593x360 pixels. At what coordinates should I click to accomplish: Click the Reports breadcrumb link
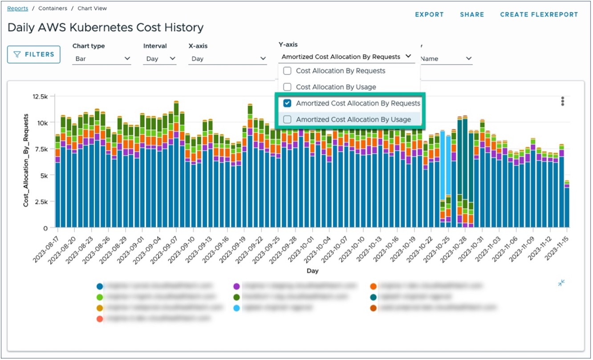point(17,8)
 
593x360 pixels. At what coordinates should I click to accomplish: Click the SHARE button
point(472,15)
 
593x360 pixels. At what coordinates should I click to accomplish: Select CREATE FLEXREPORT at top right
point(539,15)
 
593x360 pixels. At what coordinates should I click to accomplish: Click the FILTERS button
point(34,54)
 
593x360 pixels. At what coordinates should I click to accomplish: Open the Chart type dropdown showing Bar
point(102,59)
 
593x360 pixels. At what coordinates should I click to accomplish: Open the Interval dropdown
point(159,59)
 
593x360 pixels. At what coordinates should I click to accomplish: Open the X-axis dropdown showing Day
point(227,59)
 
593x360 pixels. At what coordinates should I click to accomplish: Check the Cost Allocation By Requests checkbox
point(288,71)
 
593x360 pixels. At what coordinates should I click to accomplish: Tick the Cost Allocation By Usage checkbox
point(288,87)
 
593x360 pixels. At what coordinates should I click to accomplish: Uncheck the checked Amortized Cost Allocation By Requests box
point(288,103)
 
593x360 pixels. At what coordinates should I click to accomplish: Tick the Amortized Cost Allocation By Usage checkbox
point(288,119)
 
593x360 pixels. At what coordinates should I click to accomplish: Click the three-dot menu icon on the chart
point(563,101)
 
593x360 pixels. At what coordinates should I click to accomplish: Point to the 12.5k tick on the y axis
point(41,97)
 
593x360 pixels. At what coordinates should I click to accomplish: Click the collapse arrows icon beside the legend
point(561,283)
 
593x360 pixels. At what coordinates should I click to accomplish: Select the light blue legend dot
point(236,307)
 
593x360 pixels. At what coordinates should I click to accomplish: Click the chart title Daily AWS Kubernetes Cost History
point(106,28)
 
